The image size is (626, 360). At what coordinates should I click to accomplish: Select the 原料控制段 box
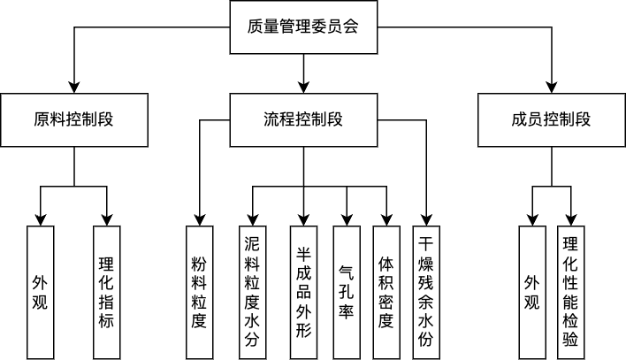pyautogui.click(x=75, y=119)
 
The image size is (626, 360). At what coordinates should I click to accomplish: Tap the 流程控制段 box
pyautogui.click(x=303, y=119)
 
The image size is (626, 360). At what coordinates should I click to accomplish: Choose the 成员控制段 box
pyautogui.click(x=551, y=119)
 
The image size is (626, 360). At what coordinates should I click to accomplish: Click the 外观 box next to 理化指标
pyautogui.click(x=40, y=292)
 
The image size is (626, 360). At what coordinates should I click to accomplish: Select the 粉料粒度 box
pyautogui.click(x=199, y=292)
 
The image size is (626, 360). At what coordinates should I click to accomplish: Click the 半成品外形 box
pyautogui.click(x=303, y=292)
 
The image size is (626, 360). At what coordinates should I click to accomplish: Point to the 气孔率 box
pyautogui.click(x=347, y=292)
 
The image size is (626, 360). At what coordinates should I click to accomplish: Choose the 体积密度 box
pyautogui.click(x=386, y=292)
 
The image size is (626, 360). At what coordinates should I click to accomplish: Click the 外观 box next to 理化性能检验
pyautogui.click(x=531, y=292)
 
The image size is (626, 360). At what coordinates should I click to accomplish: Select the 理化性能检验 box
pyautogui.click(x=570, y=292)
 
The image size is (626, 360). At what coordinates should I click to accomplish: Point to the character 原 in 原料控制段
pyautogui.click(x=42, y=119)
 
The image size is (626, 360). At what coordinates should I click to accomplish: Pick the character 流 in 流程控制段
pyautogui.click(x=271, y=119)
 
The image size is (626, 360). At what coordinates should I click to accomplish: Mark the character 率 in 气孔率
pyautogui.click(x=347, y=312)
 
